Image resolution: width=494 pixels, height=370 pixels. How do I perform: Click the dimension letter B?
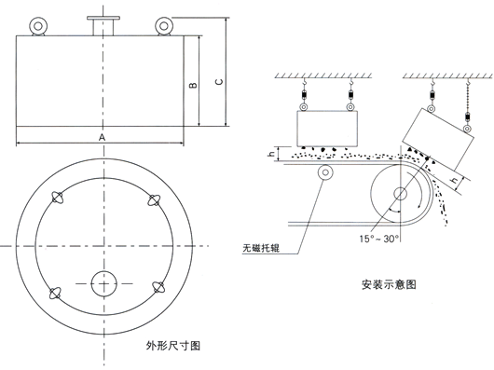(192, 86)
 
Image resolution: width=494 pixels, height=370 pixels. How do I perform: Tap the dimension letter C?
(217, 82)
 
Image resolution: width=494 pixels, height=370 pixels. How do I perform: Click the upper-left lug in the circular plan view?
(58, 198)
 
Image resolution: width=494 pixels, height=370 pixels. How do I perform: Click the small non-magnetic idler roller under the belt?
(325, 173)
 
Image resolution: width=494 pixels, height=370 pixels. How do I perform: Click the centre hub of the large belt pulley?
(399, 195)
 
